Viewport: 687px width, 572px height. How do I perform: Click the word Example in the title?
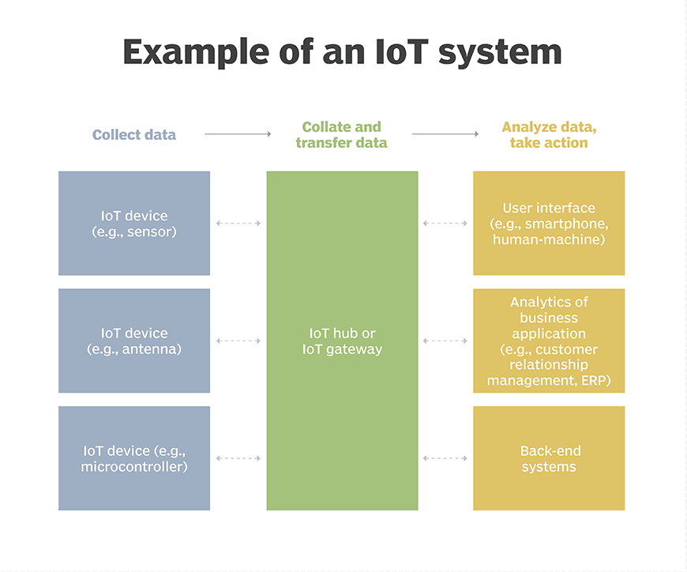click(196, 52)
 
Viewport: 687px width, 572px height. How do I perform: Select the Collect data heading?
click(134, 134)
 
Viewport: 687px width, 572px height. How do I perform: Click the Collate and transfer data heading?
click(342, 134)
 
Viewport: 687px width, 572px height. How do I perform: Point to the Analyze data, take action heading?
click(549, 134)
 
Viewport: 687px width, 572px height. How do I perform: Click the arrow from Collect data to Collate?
click(238, 134)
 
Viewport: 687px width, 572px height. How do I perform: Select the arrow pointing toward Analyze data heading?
click(445, 134)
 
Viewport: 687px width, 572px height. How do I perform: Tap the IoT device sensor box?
click(134, 223)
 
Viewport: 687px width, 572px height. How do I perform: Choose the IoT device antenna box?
click(134, 341)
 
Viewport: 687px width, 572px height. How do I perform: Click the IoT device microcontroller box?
click(134, 458)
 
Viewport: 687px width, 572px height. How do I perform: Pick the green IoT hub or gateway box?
click(342, 341)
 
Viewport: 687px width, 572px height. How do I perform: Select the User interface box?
click(549, 223)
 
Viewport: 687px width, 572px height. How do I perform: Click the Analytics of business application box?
click(549, 341)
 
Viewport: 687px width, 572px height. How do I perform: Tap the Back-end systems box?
click(549, 458)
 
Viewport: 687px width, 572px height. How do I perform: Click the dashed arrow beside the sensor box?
click(238, 223)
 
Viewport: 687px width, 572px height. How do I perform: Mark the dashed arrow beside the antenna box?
click(238, 341)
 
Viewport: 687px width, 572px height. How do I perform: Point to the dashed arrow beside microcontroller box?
click(238, 458)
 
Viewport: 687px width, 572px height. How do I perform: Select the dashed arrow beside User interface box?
click(445, 223)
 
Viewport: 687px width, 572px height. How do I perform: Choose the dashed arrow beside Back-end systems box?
click(445, 458)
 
